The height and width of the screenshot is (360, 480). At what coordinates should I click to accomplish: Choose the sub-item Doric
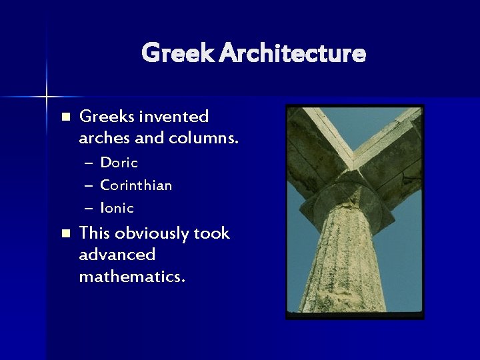pos(119,163)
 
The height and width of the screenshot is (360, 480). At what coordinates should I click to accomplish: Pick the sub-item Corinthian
pos(136,185)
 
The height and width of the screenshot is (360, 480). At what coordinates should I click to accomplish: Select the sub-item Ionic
pos(117,208)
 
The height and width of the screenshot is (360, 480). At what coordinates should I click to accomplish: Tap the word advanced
pos(117,255)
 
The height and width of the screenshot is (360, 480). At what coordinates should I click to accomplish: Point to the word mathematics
pos(132,276)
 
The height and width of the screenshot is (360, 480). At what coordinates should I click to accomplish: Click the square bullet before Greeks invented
pos(65,117)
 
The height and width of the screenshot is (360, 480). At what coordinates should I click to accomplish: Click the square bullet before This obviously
pos(65,233)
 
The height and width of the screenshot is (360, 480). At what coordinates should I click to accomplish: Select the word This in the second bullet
pos(94,233)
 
